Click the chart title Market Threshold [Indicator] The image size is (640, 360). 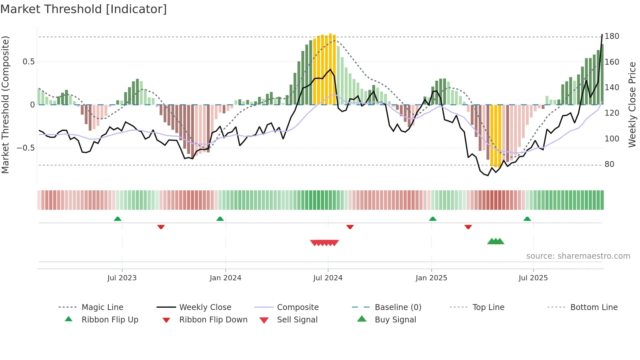[x=84, y=9]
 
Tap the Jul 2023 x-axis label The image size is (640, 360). [x=122, y=278]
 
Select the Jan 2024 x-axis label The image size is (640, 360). [x=225, y=278]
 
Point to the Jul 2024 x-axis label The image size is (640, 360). [x=328, y=278]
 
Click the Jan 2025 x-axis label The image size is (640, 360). [x=431, y=278]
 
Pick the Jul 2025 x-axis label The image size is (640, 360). [x=533, y=278]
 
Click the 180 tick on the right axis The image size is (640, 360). [x=612, y=36]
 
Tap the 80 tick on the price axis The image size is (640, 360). [x=609, y=164]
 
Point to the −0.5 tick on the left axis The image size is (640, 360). [x=26, y=148]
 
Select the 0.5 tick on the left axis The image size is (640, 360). [x=28, y=62]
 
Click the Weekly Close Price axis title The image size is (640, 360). [x=632, y=105]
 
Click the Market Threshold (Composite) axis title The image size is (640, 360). [x=5, y=105]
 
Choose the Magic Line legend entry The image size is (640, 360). [x=102, y=307]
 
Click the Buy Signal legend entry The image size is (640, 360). [x=395, y=320]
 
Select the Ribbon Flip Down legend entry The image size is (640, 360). [x=213, y=320]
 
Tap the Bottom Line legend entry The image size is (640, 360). [x=594, y=307]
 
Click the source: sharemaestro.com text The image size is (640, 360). [x=578, y=256]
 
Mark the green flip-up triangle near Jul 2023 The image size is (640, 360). [x=118, y=219]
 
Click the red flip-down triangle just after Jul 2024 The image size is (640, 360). [x=350, y=227]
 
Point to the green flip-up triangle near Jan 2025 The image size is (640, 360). [x=433, y=219]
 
